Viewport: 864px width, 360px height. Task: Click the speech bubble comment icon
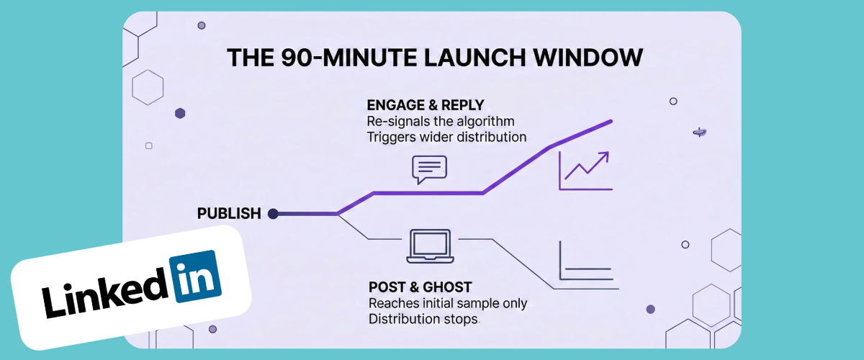pyautogui.click(x=429, y=170)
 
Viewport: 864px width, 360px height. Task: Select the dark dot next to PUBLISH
pyautogui.click(x=273, y=213)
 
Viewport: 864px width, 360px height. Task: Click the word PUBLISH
pyautogui.click(x=229, y=213)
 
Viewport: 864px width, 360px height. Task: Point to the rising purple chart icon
pyautogui.click(x=585, y=170)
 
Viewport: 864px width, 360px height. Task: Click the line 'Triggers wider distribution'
pyautogui.click(x=446, y=137)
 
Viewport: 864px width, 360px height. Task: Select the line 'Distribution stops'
pyautogui.click(x=423, y=319)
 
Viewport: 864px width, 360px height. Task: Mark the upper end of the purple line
pyautogui.click(x=611, y=121)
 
